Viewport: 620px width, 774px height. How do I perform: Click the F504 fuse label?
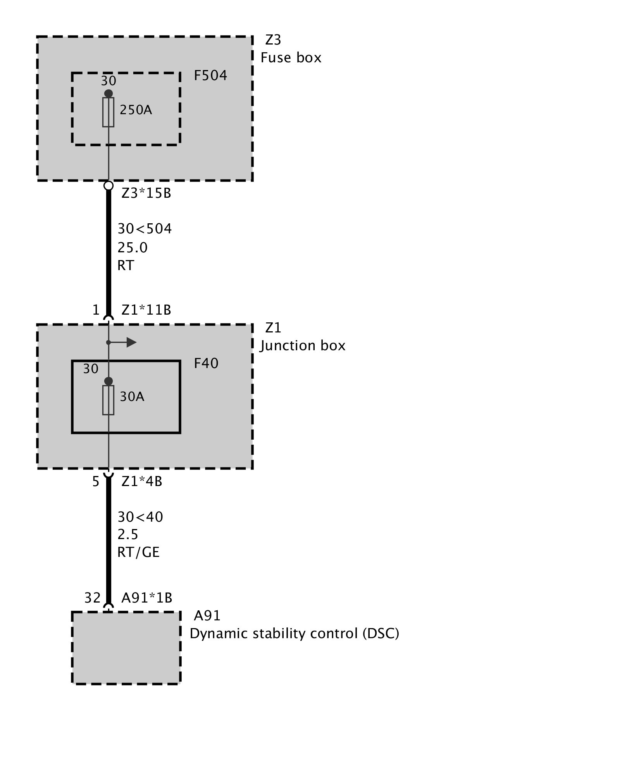click(210, 75)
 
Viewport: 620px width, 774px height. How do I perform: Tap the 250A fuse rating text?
click(136, 110)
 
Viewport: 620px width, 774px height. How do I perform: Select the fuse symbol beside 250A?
click(108, 112)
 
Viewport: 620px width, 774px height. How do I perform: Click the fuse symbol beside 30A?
click(108, 400)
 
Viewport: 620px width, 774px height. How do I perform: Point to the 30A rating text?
click(132, 397)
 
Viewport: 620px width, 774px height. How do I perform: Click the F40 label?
click(206, 363)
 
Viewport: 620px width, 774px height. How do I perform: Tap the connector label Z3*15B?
click(146, 193)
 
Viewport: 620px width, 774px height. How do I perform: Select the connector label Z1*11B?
click(146, 310)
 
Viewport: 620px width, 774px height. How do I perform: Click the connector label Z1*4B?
click(141, 481)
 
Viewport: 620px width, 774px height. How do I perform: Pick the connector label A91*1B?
click(146, 598)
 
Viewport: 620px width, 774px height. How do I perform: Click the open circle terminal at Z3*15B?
click(108, 186)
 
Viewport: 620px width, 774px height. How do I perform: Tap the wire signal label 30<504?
click(145, 229)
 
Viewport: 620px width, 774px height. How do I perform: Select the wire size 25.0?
click(133, 247)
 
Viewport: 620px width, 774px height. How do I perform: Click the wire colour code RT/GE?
click(138, 552)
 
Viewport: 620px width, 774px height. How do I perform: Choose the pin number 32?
click(93, 598)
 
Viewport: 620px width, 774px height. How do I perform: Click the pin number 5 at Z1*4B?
click(96, 482)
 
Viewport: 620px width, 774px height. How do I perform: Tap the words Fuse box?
click(291, 58)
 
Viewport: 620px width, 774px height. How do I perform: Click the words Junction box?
click(302, 346)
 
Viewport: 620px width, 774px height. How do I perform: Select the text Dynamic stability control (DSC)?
click(294, 634)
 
